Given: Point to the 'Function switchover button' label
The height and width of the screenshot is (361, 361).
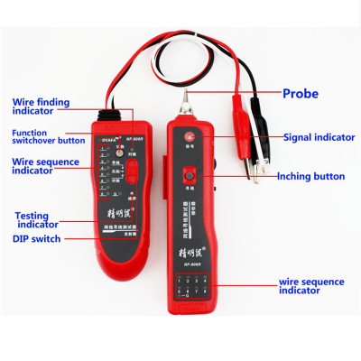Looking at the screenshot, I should [36, 136].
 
